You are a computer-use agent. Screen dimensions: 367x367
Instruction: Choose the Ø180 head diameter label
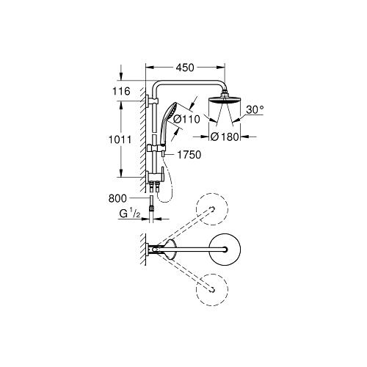[226, 136]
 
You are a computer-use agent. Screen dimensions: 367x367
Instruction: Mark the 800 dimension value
[117, 198]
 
